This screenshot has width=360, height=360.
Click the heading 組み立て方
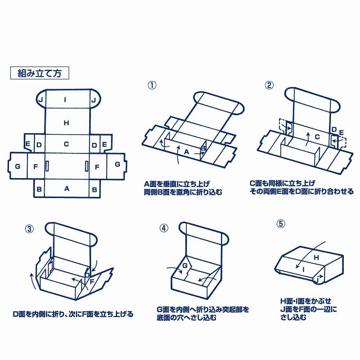[39, 73]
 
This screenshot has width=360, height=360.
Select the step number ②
[269, 85]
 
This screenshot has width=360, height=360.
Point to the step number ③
[29, 228]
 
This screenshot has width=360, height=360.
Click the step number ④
[164, 227]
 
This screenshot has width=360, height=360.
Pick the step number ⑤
[281, 224]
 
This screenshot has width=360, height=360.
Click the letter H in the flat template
[66, 122]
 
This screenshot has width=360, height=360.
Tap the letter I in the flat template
[66, 100]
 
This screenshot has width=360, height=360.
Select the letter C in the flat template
[66, 144]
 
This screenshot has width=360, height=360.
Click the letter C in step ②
[317, 136]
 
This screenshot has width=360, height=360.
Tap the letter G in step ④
[184, 266]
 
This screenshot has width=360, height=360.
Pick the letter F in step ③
[92, 282]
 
